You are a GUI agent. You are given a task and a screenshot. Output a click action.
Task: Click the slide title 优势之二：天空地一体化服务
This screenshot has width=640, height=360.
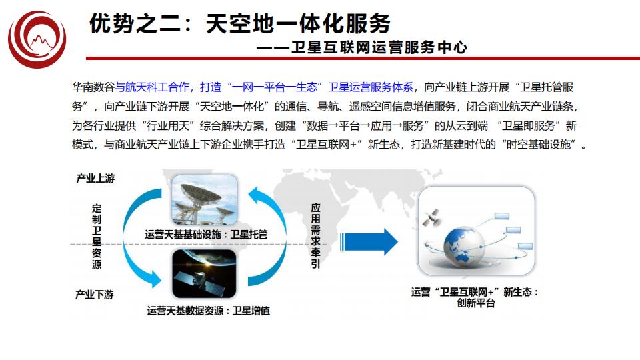[x=240, y=24]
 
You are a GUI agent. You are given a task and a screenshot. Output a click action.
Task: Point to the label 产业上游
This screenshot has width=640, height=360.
[x=95, y=178]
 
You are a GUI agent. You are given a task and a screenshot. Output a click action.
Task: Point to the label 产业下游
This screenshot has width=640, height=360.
[x=95, y=294]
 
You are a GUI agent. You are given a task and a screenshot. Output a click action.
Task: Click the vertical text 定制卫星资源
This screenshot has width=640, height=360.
[x=97, y=237]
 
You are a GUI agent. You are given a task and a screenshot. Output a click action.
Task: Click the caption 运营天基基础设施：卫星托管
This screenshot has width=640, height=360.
[x=206, y=234]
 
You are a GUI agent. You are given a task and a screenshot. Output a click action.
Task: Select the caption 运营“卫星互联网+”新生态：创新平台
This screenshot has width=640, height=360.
[x=475, y=297]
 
